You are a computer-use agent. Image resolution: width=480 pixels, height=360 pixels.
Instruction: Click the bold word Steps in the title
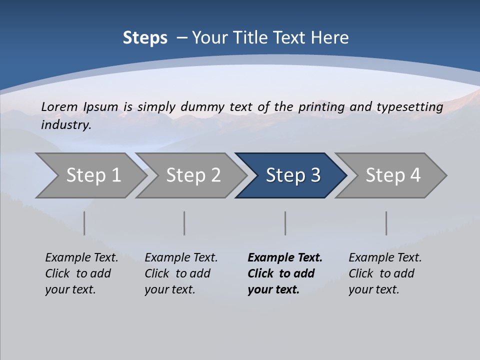(145, 38)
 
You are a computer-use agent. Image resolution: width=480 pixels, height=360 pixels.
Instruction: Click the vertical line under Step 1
(84, 223)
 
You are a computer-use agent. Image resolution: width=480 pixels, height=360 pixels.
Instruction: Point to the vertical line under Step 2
(184, 223)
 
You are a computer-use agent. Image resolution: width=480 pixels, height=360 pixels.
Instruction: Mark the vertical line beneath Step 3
(285, 223)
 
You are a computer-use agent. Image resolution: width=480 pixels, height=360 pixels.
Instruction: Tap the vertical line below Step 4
(386, 223)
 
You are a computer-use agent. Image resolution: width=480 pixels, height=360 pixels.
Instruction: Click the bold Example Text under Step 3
(285, 257)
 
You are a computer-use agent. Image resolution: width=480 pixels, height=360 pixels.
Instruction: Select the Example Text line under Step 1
(81, 257)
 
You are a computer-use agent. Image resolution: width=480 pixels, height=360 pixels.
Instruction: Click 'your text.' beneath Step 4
(373, 289)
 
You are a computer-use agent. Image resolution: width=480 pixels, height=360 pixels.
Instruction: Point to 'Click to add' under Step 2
(177, 273)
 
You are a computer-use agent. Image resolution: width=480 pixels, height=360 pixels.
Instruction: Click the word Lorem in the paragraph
(59, 106)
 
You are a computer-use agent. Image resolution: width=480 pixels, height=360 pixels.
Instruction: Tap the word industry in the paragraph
(65, 124)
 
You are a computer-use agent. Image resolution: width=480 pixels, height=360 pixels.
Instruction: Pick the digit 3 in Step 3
(315, 175)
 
